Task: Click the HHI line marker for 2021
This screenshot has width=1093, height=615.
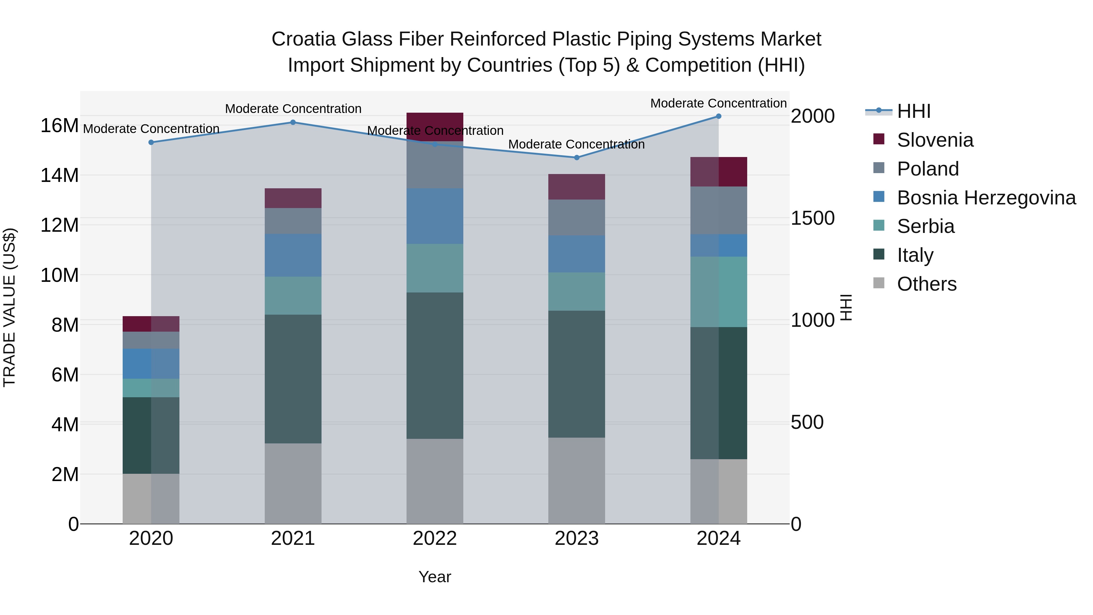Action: pyautogui.click(x=293, y=122)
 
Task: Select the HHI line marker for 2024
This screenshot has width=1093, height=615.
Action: pyautogui.click(x=718, y=116)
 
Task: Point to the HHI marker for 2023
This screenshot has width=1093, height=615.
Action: pyautogui.click(x=577, y=157)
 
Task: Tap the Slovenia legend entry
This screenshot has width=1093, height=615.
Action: pyautogui.click(x=935, y=140)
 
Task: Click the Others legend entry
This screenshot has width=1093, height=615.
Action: pyautogui.click(x=926, y=284)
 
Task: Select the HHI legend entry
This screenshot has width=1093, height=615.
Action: pyautogui.click(x=914, y=111)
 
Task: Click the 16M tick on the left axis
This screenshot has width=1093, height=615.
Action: pyautogui.click(x=60, y=126)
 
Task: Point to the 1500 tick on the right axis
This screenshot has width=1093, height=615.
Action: pyautogui.click(x=812, y=218)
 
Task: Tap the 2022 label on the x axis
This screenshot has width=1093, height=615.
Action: pyautogui.click(x=434, y=538)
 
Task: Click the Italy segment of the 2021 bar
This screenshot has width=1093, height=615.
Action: pyautogui.click(x=293, y=379)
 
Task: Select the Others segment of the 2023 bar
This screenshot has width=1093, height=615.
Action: pyautogui.click(x=577, y=480)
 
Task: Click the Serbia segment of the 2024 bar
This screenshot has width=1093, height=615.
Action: pyautogui.click(x=718, y=292)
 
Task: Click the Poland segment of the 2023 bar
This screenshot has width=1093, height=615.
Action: pyautogui.click(x=577, y=217)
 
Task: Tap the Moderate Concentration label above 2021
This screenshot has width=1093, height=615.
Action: pyautogui.click(x=293, y=109)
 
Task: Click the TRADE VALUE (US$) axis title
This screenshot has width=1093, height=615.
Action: pyautogui.click(x=9, y=307)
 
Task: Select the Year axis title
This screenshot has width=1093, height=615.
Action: pyautogui.click(x=434, y=577)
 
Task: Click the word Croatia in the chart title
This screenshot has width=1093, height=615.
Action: pyautogui.click(x=304, y=39)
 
